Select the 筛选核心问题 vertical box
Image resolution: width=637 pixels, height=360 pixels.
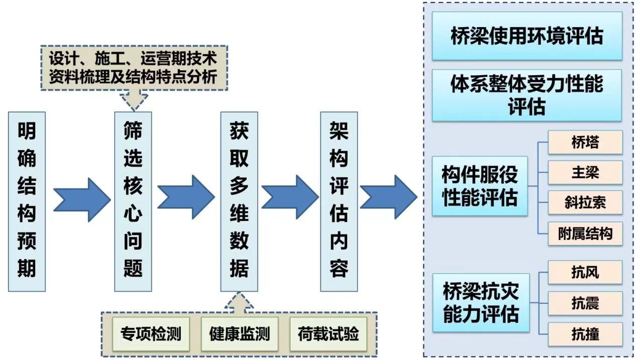click(x=133, y=201)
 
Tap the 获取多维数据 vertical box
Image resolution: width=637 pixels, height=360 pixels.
click(x=239, y=201)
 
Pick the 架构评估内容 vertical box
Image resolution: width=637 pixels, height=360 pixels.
click(x=339, y=201)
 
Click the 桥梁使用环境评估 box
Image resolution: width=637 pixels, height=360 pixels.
click(x=527, y=36)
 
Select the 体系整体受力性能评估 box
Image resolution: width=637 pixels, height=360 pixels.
click(x=527, y=95)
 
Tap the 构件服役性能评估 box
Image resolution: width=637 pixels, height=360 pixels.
click(x=480, y=186)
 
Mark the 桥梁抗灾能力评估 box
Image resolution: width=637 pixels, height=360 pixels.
click(x=481, y=303)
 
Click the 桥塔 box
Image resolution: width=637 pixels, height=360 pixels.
click(x=585, y=143)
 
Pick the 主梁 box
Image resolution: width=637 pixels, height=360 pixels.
click(x=585, y=173)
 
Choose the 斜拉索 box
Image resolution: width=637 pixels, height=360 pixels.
click(x=585, y=203)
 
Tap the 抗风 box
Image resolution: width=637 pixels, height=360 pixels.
click(x=585, y=273)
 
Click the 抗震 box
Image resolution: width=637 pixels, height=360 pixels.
click(x=585, y=303)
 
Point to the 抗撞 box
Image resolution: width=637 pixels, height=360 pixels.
click(x=585, y=334)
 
